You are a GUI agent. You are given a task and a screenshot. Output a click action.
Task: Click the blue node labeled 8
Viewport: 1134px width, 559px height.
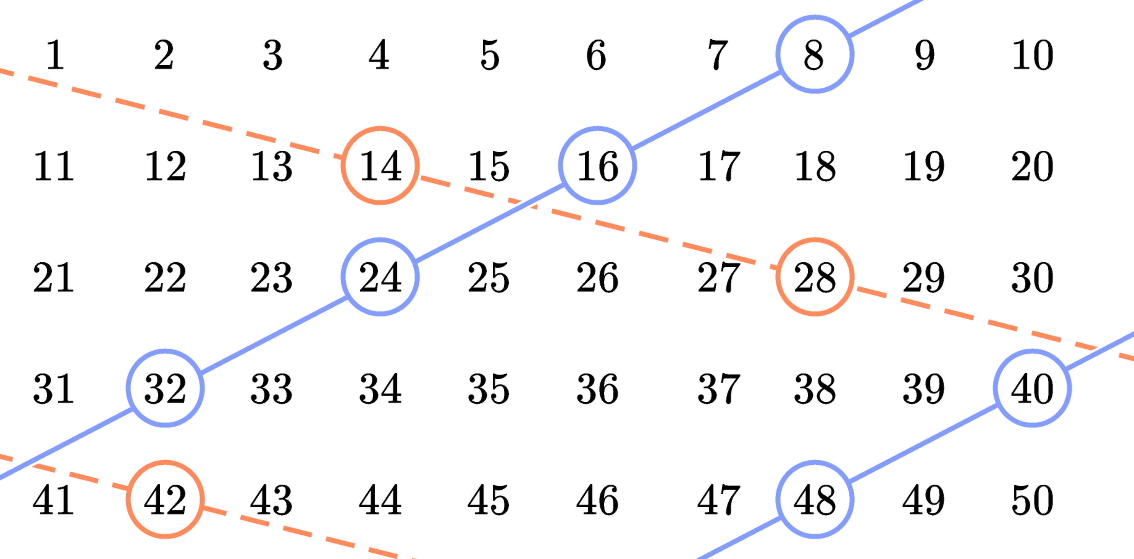coord(814,54)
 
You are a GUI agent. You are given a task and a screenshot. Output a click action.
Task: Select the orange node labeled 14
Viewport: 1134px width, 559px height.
coord(380,166)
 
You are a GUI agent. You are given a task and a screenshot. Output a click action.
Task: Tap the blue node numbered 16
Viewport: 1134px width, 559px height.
coord(597,166)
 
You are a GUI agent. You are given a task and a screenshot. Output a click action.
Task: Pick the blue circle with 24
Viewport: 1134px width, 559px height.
coord(380,277)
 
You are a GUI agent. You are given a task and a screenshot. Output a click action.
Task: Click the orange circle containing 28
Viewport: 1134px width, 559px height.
coord(814,277)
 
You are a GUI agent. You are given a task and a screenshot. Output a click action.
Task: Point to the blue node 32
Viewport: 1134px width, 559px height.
coord(165,388)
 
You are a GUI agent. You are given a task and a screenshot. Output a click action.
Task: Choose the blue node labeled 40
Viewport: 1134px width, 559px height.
coord(1032,388)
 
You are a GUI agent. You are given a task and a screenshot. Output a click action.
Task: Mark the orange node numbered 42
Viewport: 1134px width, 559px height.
coord(165,499)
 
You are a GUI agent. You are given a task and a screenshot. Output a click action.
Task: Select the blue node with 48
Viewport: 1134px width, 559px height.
coord(814,499)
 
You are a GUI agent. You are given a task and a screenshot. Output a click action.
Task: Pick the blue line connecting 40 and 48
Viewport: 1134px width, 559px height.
coord(923,444)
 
